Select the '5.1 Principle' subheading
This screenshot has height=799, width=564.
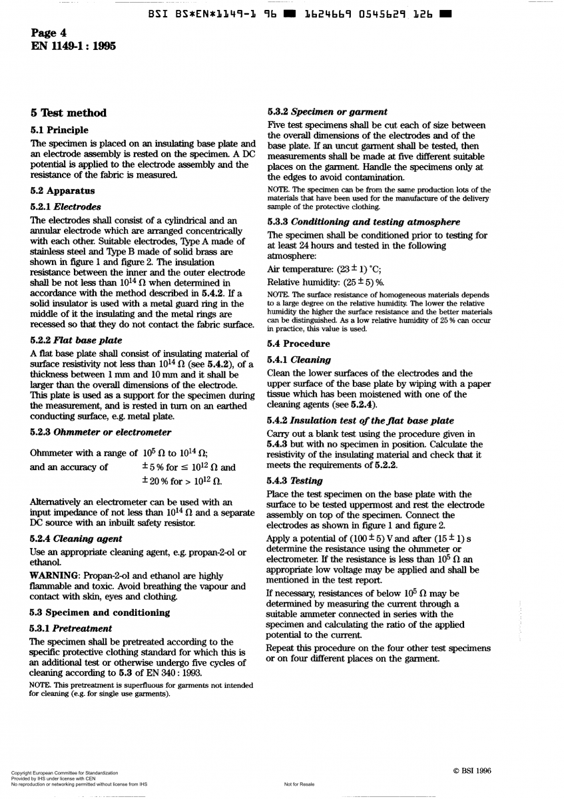click(59, 130)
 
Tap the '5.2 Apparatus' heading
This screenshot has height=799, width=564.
click(63, 190)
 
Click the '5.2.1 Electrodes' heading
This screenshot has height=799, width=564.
click(66, 207)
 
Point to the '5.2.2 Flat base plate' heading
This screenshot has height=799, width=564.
click(76, 340)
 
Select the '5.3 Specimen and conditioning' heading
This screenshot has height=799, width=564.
click(100, 613)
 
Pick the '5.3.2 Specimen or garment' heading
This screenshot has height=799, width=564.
click(327, 112)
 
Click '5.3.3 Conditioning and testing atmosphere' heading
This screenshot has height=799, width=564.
click(363, 222)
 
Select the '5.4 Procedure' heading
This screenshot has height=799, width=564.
click(298, 344)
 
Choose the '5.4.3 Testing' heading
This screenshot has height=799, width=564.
click(294, 481)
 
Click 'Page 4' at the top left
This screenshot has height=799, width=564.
click(48, 33)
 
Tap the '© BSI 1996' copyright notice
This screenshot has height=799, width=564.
click(472, 771)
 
